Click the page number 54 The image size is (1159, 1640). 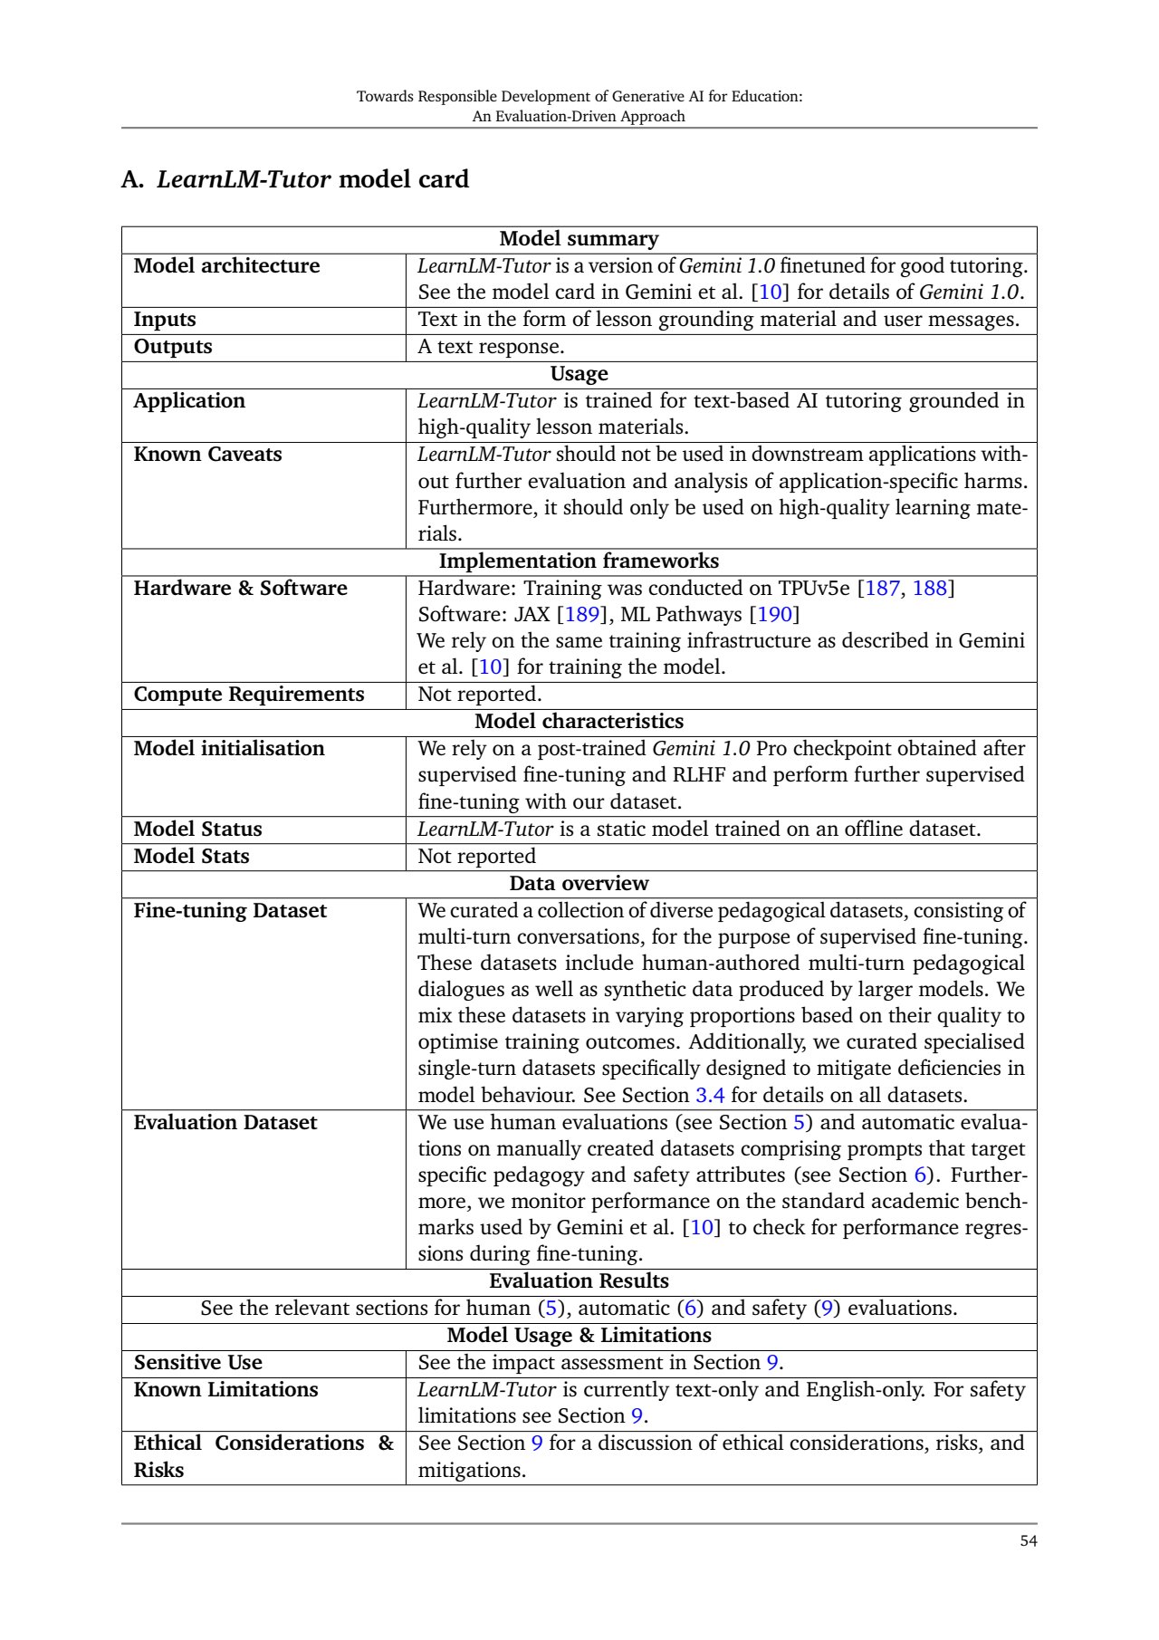point(1028,1541)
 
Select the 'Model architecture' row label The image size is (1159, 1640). point(226,266)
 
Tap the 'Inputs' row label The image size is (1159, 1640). point(165,320)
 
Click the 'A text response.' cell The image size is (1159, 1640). point(491,347)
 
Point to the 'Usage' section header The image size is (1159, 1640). point(579,374)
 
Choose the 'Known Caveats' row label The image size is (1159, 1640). point(207,455)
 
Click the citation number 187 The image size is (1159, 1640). point(882,589)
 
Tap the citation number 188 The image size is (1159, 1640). point(929,589)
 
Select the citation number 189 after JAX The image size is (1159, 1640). point(581,615)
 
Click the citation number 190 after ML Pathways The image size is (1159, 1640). point(774,615)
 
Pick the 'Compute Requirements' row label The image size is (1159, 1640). point(249,695)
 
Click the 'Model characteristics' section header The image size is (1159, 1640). point(579,722)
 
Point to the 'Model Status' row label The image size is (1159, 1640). point(197,830)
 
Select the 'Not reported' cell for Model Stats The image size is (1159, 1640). point(476,857)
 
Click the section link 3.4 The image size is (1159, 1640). point(710,1096)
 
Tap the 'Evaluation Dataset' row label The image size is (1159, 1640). point(225,1123)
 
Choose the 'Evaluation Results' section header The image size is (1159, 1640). point(579,1281)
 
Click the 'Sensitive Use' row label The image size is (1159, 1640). point(197,1363)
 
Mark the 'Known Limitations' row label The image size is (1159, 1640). point(225,1390)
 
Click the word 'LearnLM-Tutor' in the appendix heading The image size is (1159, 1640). point(244,179)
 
